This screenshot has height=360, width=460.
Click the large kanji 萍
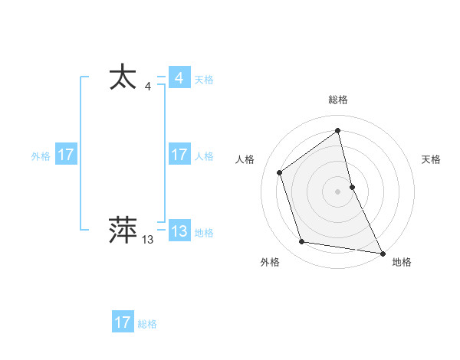[x=123, y=230]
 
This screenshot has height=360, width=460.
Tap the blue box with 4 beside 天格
[x=179, y=79]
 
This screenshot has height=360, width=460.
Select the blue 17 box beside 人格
[x=179, y=155]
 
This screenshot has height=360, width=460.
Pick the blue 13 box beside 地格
[x=179, y=232]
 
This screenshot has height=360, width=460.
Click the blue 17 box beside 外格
[x=66, y=155]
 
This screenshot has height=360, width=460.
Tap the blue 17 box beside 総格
[x=123, y=322]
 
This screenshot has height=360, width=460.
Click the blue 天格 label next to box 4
[x=204, y=80]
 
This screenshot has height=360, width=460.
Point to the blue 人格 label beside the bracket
[x=204, y=156]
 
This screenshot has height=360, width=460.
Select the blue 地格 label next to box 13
[x=204, y=233]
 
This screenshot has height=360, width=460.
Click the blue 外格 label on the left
[x=41, y=156]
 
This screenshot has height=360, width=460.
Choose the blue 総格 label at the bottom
[x=147, y=323]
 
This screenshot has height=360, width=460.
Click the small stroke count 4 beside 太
[x=147, y=88]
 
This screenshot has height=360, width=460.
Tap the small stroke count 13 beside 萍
[x=147, y=240]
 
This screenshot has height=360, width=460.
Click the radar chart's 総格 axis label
[x=337, y=100]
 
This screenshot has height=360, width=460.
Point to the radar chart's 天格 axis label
[x=431, y=159]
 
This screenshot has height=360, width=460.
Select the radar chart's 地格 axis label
[x=402, y=262]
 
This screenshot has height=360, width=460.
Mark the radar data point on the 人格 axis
[x=280, y=172]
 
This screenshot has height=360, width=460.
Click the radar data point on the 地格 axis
[x=382, y=252]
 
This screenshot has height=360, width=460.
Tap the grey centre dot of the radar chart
[x=337, y=191]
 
